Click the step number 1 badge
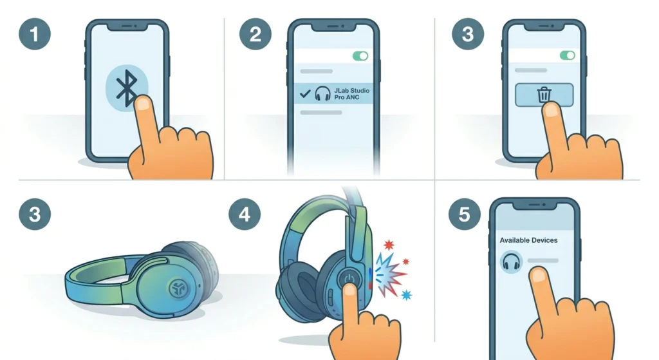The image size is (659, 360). (35, 34)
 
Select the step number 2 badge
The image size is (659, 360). (255, 34)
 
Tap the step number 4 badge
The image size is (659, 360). (245, 214)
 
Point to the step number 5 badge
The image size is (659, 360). (465, 214)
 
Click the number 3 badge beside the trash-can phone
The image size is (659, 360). (468, 34)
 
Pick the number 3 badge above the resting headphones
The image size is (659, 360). (35, 214)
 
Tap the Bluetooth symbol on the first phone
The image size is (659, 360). (126, 88)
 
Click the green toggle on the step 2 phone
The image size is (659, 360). (360, 56)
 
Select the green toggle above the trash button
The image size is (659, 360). (568, 55)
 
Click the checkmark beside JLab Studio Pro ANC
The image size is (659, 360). (305, 94)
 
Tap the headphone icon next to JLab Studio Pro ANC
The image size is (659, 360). (323, 93)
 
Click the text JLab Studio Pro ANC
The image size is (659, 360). (352, 94)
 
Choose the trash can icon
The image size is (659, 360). (544, 94)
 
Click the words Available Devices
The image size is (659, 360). (528, 240)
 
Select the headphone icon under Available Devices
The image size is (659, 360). (512, 261)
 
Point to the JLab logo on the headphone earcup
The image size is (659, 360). (180, 288)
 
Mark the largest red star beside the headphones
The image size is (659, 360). (389, 244)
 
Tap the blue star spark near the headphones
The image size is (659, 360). (407, 295)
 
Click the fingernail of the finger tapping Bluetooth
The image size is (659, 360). (144, 104)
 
